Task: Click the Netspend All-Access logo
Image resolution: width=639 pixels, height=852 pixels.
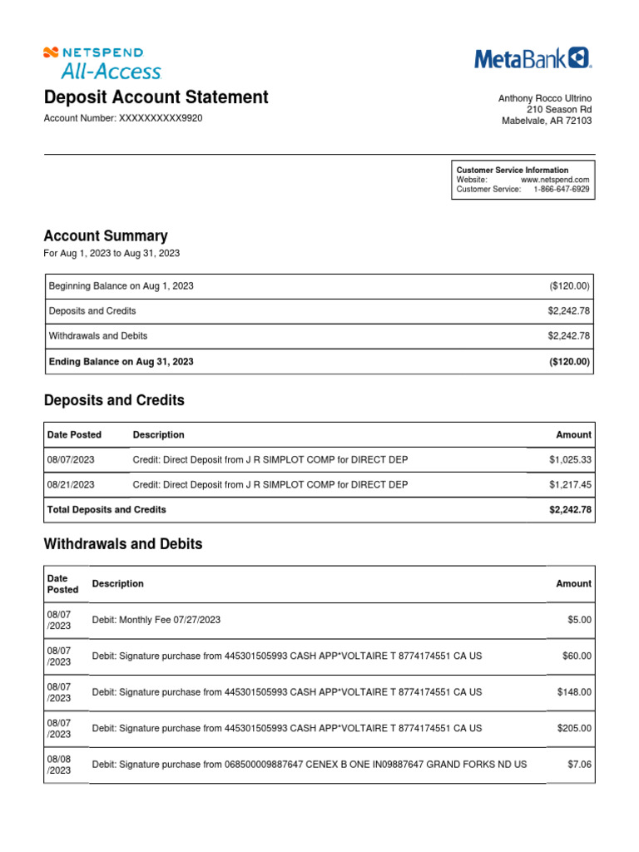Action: click(102, 62)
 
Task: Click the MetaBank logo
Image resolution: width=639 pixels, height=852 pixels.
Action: click(532, 58)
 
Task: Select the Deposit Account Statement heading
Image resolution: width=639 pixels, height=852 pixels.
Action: click(156, 97)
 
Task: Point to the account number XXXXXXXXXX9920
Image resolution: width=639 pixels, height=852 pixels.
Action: click(122, 118)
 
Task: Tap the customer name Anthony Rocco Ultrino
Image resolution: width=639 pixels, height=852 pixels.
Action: click(545, 98)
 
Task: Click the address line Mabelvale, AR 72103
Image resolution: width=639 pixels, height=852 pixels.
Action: click(547, 121)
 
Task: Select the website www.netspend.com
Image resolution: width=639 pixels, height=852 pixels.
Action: click(555, 180)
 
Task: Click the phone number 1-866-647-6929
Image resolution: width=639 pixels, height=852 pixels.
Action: click(561, 190)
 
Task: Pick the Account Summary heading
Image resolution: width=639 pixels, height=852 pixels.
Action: click(105, 235)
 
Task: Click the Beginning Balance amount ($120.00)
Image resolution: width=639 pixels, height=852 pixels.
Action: click(569, 285)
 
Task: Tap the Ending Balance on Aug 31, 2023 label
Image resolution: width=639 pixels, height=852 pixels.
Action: click(121, 361)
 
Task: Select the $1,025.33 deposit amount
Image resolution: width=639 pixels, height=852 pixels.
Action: click(570, 459)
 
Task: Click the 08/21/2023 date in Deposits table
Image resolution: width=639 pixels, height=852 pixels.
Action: click(71, 484)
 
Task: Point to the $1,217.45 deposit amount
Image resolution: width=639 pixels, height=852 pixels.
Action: click(570, 484)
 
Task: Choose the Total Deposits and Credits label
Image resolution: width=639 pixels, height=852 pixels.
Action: click(107, 509)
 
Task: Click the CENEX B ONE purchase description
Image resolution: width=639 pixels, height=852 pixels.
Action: click(309, 764)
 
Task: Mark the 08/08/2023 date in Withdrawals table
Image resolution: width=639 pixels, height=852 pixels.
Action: click(59, 765)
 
